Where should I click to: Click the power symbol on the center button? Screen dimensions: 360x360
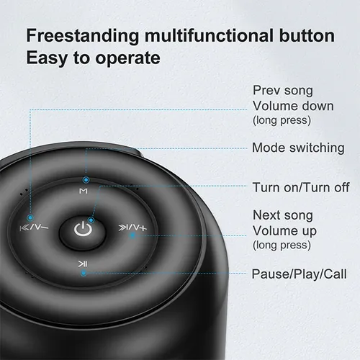click(83, 229)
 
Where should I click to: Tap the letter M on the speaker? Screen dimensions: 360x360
click(84, 191)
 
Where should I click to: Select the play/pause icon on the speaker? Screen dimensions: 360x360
click(83, 264)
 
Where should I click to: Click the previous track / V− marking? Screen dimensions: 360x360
click(34, 227)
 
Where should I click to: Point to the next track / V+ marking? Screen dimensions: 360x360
click(132, 228)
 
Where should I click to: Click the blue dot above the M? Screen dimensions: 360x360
click(86, 180)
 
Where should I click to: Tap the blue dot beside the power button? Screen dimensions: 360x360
click(91, 220)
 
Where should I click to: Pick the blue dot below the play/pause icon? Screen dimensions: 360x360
click(84, 273)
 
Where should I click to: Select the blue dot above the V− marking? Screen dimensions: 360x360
click(30, 218)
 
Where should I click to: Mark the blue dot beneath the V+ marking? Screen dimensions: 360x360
click(132, 235)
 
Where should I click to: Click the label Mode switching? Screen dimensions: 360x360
click(298, 148)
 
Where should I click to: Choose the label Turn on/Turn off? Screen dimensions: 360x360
click(301, 187)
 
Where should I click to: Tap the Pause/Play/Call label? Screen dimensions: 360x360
click(299, 274)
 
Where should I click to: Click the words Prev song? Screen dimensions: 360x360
click(283, 91)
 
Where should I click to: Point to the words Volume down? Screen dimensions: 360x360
click(293, 106)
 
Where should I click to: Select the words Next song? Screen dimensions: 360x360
click(283, 215)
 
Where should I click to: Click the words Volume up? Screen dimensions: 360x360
click(284, 231)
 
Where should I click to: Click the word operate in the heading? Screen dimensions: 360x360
click(127, 58)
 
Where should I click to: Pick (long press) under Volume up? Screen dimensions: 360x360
click(282, 246)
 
